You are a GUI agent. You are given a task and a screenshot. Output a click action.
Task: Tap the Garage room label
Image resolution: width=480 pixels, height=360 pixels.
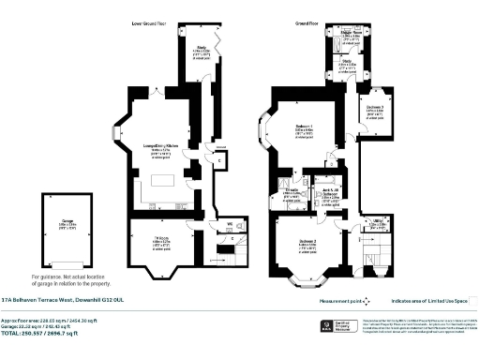coord(66,226)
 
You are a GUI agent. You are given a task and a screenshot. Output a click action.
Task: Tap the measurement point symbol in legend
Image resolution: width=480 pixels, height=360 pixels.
coord(369,302)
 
